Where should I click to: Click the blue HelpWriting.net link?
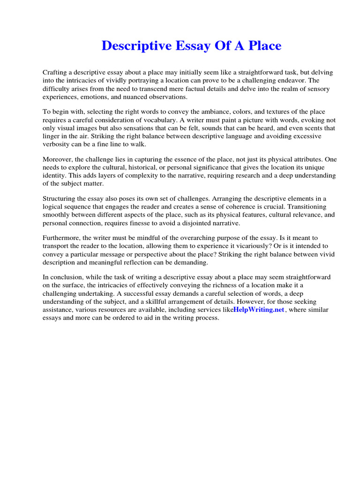pos(259,310)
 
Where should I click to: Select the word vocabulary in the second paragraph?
pos(169,120)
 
